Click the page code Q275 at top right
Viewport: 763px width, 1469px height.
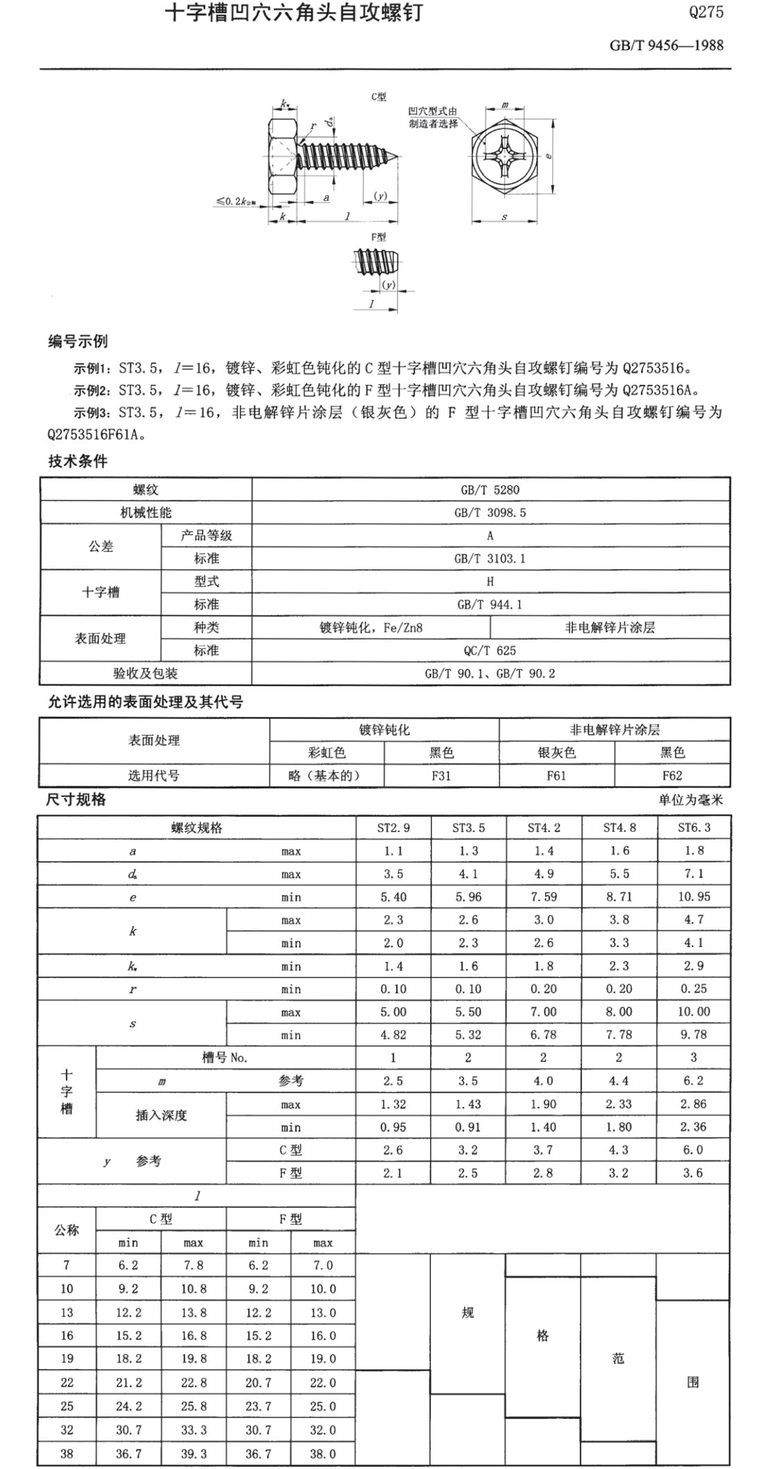pyautogui.click(x=706, y=12)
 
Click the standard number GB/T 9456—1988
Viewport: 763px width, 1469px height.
pyautogui.click(x=666, y=46)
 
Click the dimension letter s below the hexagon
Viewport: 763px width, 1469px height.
pyautogui.click(x=504, y=217)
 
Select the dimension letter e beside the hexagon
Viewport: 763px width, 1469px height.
pyautogui.click(x=548, y=156)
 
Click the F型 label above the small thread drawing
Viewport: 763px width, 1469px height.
pyautogui.click(x=378, y=237)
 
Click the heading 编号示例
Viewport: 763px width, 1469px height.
pyautogui.click(x=78, y=341)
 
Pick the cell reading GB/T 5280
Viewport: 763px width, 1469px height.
pyautogui.click(x=490, y=489)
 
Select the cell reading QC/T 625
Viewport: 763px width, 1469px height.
pyautogui.click(x=490, y=650)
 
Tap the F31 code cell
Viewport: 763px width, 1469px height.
pyautogui.click(x=441, y=776)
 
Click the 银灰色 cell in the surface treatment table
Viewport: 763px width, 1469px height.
pyautogui.click(x=556, y=753)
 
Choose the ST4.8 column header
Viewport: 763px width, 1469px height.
pyautogui.click(x=619, y=828)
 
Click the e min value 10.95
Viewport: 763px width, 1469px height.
pyautogui.click(x=694, y=896)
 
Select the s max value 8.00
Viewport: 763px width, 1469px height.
pyautogui.click(x=619, y=1011)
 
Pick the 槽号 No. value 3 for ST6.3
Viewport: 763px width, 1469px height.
pyautogui.click(x=694, y=1057)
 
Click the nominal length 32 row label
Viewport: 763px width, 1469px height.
pyautogui.click(x=67, y=1429)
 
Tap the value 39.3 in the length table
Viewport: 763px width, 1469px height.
pyautogui.click(x=194, y=1454)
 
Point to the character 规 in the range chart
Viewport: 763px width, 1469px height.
pyautogui.click(x=468, y=1312)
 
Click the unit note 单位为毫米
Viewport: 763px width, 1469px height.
pyautogui.click(x=690, y=800)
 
